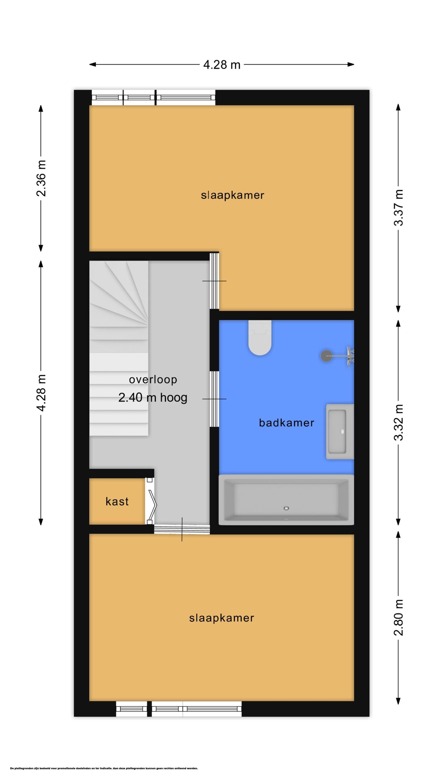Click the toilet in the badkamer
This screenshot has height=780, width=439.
click(x=260, y=337)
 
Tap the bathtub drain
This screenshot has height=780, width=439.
click(x=286, y=508)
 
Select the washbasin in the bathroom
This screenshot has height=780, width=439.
click(x=340, y=431)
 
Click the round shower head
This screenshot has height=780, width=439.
click(x=327, y=356)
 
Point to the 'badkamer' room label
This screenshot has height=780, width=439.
click(x=287, y=423)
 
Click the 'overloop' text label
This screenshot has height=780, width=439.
click(x=153, y=380)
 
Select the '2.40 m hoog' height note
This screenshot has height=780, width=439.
click(x=153, y=398)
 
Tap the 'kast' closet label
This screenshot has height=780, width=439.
click(x=117, y=501)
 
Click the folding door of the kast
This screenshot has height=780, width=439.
click(x=151, y=501)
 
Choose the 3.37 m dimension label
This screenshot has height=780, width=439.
click(x=398, y=207)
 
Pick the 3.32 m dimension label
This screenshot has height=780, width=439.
click(x=398, y=422)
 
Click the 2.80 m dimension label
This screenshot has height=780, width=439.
click(x=398, y=618)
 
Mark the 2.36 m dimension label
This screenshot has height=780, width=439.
click(x=41, y=178)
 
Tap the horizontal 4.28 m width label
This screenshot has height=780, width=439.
click(x=222, y=65)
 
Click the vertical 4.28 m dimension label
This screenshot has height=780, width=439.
click(x=41, y=393)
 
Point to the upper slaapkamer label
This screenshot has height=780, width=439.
click(x=232, y=195)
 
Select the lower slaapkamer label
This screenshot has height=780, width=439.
click(x=222, y=618)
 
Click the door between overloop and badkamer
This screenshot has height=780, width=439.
click(x=214, y=399)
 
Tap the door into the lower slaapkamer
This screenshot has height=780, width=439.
click(x=182, y=529)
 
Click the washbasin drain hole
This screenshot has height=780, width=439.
click(x=342, y=431)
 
